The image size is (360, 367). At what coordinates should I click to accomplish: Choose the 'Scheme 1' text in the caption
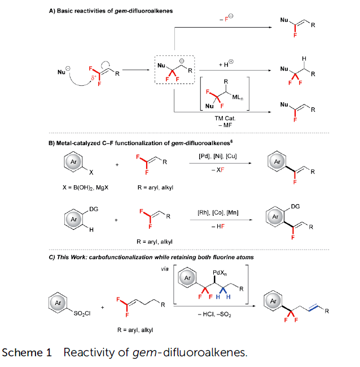point(28,353)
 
